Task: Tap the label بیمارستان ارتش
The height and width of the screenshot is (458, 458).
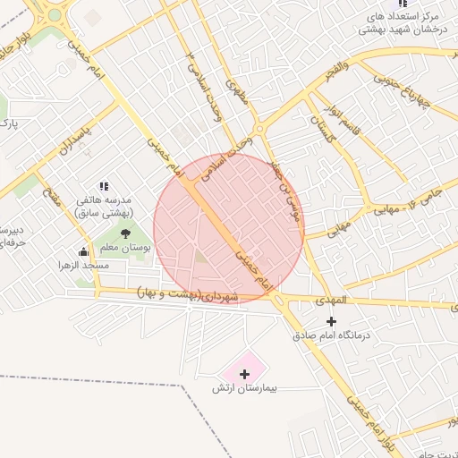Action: point(246,389)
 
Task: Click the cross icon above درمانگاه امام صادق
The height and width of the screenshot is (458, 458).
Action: point(332,321)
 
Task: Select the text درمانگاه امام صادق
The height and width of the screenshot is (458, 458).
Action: point(332,337)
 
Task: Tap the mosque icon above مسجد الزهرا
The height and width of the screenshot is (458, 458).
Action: point(84,251)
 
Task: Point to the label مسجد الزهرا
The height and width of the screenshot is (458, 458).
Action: point(83,266)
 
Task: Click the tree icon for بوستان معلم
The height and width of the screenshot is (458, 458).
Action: point(125,233)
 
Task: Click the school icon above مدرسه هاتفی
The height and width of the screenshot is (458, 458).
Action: point(105,186)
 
